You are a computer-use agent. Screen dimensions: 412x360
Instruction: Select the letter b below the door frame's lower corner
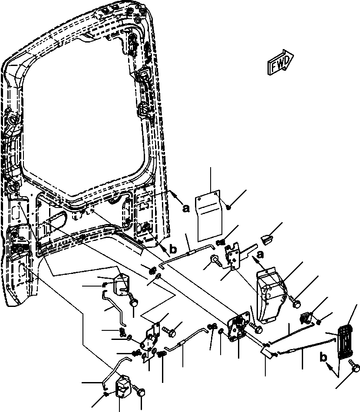[x=173, y=249]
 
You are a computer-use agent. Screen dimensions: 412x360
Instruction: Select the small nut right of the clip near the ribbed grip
[x=319, y=322]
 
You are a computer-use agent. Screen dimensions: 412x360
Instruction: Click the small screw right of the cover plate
[x=228, y=208]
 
